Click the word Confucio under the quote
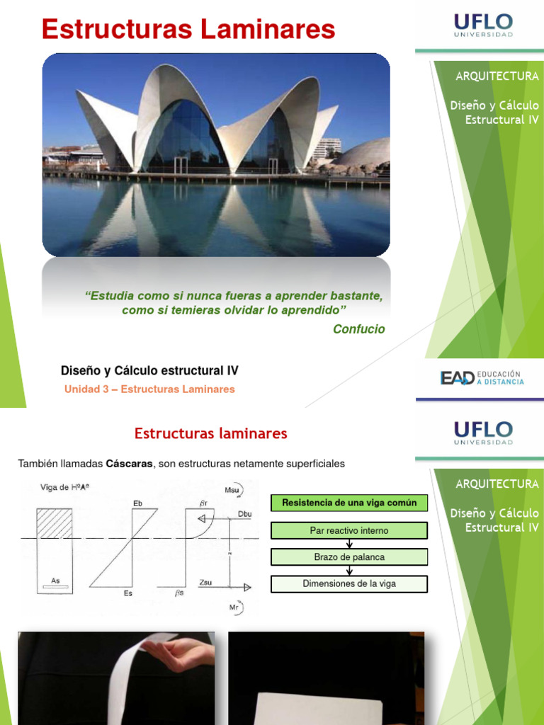tap(358, 329)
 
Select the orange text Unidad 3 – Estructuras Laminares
tap(149, 389)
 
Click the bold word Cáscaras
tap(130, 464)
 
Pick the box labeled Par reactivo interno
tap(349, 530)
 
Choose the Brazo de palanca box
tap(349, 557)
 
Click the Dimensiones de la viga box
tap(349, 583)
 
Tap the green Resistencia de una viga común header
tap(349, 503)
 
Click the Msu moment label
tap(232, 488)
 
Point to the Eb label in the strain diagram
tap(137, 503)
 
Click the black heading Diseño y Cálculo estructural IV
tap(149, 370)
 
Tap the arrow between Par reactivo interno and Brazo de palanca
tap(349, 544)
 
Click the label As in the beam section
tap(55, 580)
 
